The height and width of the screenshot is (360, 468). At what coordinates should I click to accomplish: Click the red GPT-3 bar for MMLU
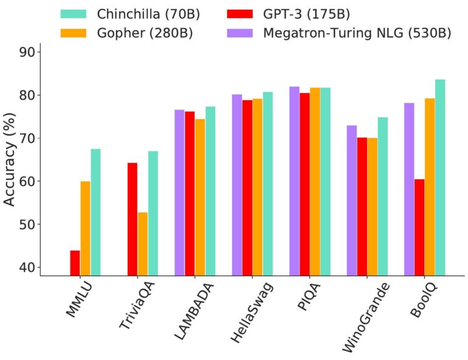tap(75, 263)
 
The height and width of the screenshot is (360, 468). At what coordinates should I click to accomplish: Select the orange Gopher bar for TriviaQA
tap(143, 243)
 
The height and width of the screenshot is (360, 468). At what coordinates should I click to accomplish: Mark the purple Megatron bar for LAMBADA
tap(179, 192)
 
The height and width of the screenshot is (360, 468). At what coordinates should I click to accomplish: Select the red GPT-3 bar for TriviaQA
tap(132, 219)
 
